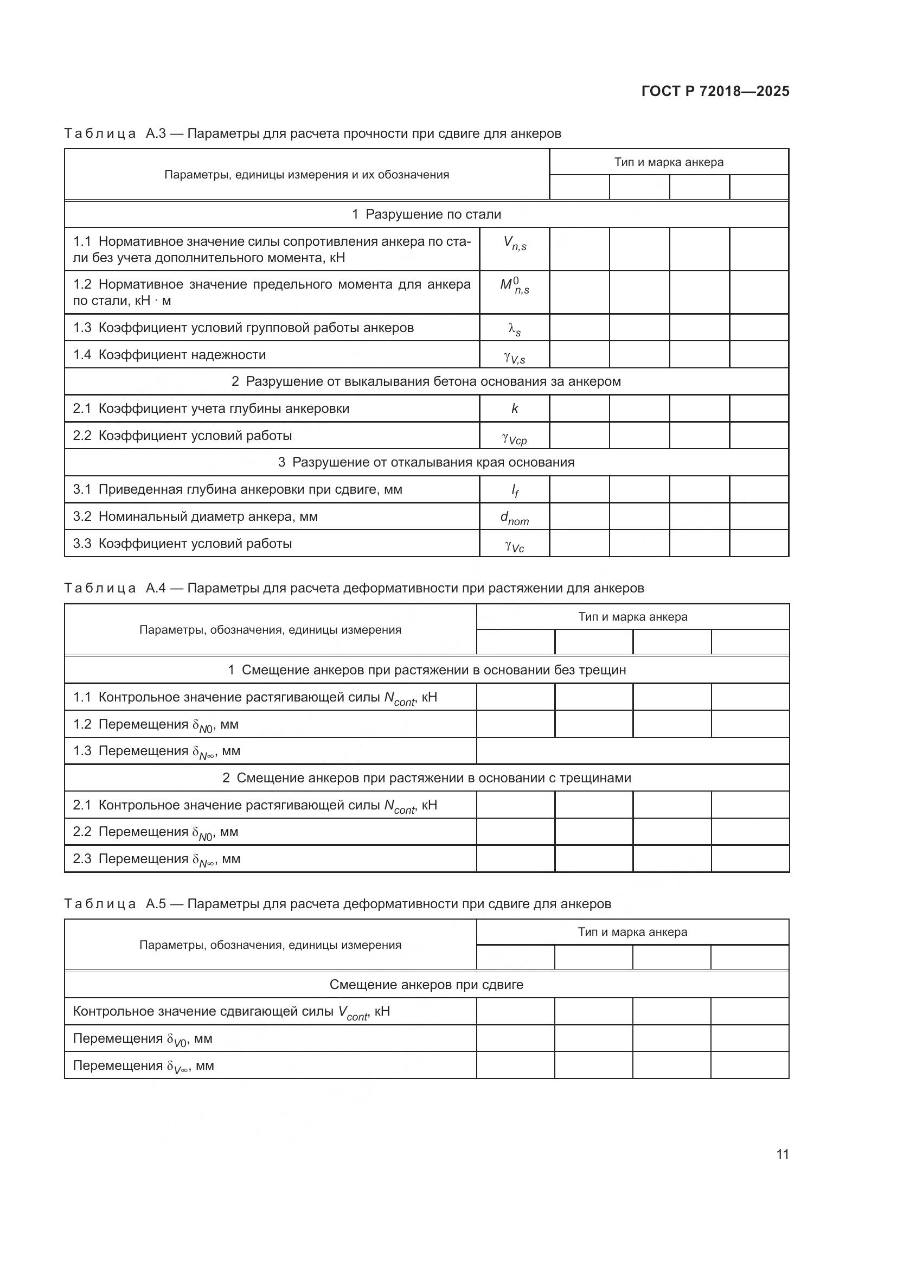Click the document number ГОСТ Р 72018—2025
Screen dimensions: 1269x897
(715, 91)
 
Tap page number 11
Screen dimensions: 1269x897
(782, 1154)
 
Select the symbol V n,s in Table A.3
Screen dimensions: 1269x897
(514, 243)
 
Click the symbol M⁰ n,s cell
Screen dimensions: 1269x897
(514, 286)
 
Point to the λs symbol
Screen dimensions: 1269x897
(514, 329)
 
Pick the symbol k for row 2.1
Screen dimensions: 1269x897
(514, 409)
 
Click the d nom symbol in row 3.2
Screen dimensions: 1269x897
(514, 518)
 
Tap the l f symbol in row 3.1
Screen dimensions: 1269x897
(514, 490)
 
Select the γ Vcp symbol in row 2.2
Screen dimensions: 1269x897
(514, 438)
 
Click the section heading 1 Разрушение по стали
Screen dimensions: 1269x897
(426, 214)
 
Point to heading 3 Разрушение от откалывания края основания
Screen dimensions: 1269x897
(426, 462)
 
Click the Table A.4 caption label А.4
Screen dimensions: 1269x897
(155, 588)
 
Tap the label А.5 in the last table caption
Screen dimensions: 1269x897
(155, 904)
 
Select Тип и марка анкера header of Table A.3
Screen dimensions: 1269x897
(668, 162)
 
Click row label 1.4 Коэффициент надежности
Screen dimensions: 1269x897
(170, 355)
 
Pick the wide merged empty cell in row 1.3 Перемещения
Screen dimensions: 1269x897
(632, 750)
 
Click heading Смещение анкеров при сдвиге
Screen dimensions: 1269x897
(426, 984)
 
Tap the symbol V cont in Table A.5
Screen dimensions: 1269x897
(353, 1012)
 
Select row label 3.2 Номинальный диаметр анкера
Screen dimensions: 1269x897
(196, 517)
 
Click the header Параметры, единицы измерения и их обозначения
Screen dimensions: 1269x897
(306, 175)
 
